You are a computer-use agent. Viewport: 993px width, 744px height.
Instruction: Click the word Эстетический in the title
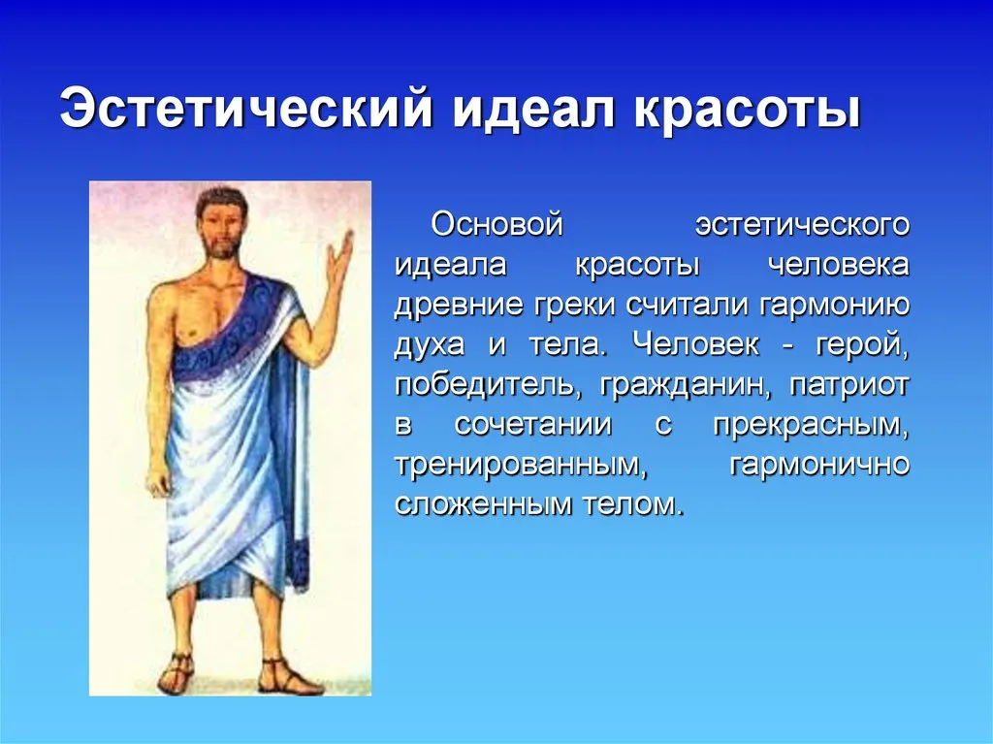tap(247, 109)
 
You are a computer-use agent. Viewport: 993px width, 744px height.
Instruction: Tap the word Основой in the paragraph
tap(497, 224)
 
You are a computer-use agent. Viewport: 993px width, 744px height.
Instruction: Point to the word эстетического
tap(802, 226)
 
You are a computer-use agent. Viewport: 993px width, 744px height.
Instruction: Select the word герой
tap(862, 346)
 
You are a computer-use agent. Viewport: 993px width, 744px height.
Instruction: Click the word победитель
tap(489, 386)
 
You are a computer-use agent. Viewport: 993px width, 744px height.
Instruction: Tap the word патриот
tap(849, 386)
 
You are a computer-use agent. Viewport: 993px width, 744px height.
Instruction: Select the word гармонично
tap(820, 466)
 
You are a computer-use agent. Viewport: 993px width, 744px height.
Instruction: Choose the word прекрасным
tap(812, 426)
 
